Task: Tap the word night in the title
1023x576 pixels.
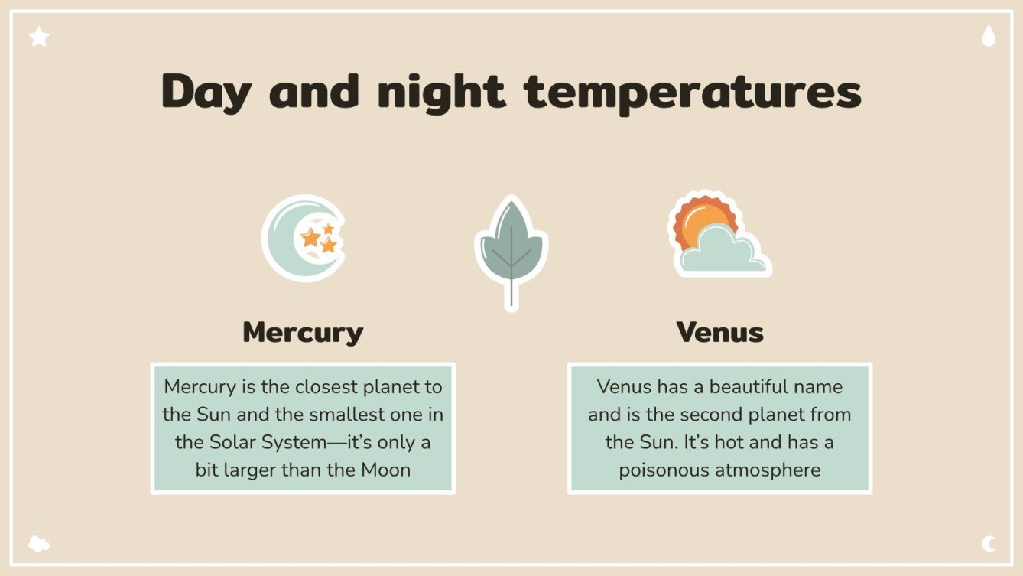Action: (441, 92)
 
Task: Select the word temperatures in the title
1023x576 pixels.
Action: (692, 92)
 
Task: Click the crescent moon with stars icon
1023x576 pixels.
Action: (303, 238)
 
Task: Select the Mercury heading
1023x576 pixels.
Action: (303, 333)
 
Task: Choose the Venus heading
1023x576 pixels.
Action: (719, 333)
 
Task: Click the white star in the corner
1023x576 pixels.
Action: (39, 36)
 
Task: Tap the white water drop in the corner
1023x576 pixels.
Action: (989, 36)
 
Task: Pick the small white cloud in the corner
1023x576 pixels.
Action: (39, 544)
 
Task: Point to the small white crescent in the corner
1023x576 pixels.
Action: (989, 544)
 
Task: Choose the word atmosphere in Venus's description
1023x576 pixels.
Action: (770, 470)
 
